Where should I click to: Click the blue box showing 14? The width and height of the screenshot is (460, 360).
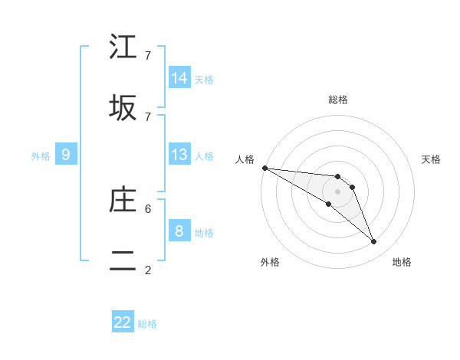(x=179, y=78)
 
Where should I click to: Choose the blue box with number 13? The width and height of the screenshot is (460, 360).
(x=179, y=155)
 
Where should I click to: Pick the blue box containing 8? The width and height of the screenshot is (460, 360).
(x=179, y=231)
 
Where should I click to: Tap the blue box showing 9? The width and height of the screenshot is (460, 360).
(x=66, y=155)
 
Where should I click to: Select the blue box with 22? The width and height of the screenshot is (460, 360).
(x=123, y=322)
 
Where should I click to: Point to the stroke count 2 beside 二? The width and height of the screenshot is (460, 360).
(x=148, y=270)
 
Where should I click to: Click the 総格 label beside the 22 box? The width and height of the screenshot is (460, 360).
(x=147, y=324)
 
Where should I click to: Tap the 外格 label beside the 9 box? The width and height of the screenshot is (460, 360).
(x=41, y=156)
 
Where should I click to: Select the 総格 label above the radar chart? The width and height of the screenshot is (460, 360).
(x=338, y=100)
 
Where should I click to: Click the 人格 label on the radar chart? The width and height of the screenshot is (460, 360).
(x=245, y=159)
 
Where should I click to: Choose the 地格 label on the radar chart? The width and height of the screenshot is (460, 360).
(x=402, y=262)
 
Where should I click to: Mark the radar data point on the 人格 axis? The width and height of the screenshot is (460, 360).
(x=264, y=168)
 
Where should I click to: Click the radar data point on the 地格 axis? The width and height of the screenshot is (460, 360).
(x=374, y=242)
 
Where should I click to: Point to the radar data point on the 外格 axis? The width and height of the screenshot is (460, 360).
(x=328, y=204)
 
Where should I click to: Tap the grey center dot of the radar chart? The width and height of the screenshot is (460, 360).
(x=338, y=191)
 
